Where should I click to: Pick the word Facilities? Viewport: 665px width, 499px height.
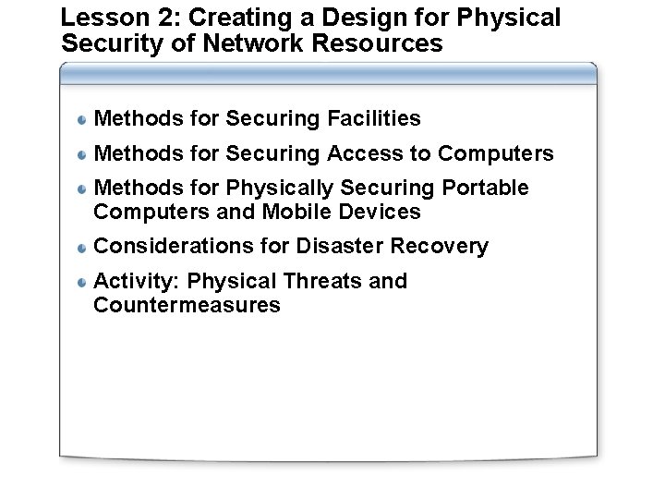(x=374, y=118)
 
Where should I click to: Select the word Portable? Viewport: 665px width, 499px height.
(x=486, y=189)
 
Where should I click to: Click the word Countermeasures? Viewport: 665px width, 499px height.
(x=187, y=305)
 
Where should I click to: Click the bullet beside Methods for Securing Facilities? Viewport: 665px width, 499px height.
(x=82, y=119)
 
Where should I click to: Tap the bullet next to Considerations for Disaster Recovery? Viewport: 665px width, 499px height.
(x=82, y=248)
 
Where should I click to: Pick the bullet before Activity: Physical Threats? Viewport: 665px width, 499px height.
(x=82, y=282)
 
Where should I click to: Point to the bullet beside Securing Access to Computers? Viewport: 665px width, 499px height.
(x=82, y=154)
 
